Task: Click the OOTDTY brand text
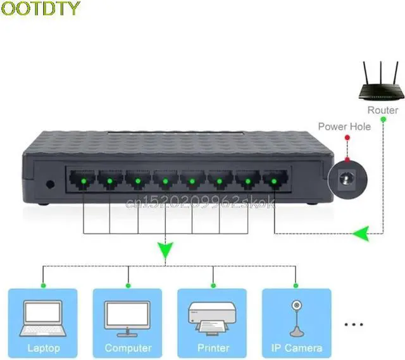tap(41, 9)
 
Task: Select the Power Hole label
tap(344, 127)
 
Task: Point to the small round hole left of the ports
tap(50, 185)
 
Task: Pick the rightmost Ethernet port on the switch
tap(274, 180)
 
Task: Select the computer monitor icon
tap(127, 316)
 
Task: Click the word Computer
tap(128, 348)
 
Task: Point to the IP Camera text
tap(296, 348)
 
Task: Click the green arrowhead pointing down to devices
tap(165, 251)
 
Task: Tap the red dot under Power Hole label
tap(346, 137)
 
